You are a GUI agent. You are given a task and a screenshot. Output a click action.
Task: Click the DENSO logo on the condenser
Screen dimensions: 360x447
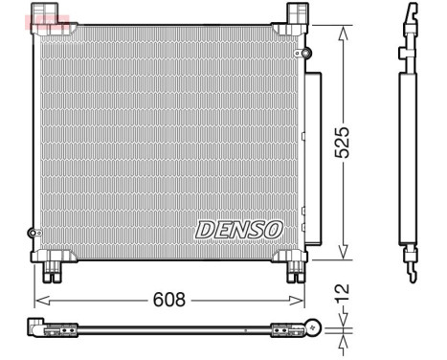[x=239, y=230]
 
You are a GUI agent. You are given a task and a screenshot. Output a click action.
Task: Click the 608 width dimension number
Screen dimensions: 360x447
[x=170, y=300]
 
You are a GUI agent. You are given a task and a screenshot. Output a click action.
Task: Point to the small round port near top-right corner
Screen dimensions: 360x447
[x=306, y=52]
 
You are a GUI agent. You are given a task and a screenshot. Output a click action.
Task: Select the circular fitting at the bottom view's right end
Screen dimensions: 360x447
[x=312, y=328]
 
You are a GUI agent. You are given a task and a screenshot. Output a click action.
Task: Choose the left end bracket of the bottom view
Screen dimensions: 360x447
[x=44, y=328]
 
